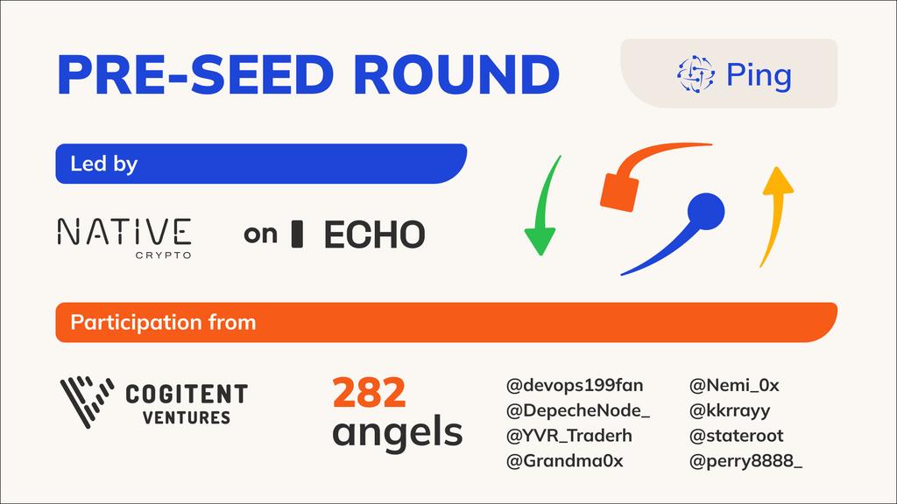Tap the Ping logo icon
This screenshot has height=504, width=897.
coord(696,74)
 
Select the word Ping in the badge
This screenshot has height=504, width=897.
coord(759,75)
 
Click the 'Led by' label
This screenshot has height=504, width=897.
coord(103,164)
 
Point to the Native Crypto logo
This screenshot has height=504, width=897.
coord(124,236)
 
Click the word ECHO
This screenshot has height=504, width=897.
coord(374,234)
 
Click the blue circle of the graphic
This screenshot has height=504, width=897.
coord(705,211)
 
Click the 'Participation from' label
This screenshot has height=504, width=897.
coord(163,322)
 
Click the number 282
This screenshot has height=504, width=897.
coord(369,394)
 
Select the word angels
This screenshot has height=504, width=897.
coord(398,431)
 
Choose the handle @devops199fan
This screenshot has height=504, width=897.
coord(574,385)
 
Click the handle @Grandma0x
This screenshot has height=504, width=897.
coord(564,461)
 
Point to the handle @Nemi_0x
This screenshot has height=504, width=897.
coord(734,385)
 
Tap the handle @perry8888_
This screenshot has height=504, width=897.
coord(745,461)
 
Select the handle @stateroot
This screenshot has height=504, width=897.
coord(737,436)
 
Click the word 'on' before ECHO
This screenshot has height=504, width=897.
coord(260,234)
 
